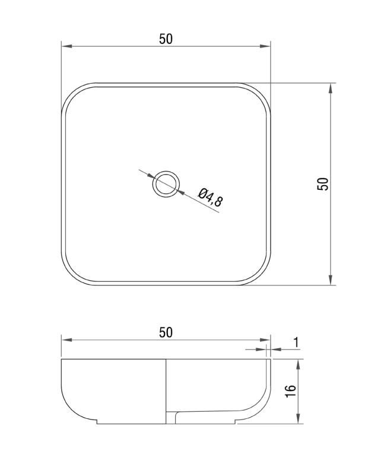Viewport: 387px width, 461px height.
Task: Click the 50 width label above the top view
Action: click(x=166, y=39)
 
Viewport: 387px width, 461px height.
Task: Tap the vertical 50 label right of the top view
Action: click(x=323, y=184)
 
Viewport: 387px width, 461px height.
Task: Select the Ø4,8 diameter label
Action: click(x=211, y=197)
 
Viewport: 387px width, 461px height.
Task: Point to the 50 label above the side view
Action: click(x=166, y=332)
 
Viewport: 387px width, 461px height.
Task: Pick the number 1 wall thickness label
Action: click(x=296, y=342)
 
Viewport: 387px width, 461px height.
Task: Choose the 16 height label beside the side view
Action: click(x=290, y=392)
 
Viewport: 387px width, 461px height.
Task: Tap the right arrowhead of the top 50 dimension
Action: click(x=265, y=46)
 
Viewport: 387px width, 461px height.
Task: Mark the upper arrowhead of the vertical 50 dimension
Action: click(x=331, y=88)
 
